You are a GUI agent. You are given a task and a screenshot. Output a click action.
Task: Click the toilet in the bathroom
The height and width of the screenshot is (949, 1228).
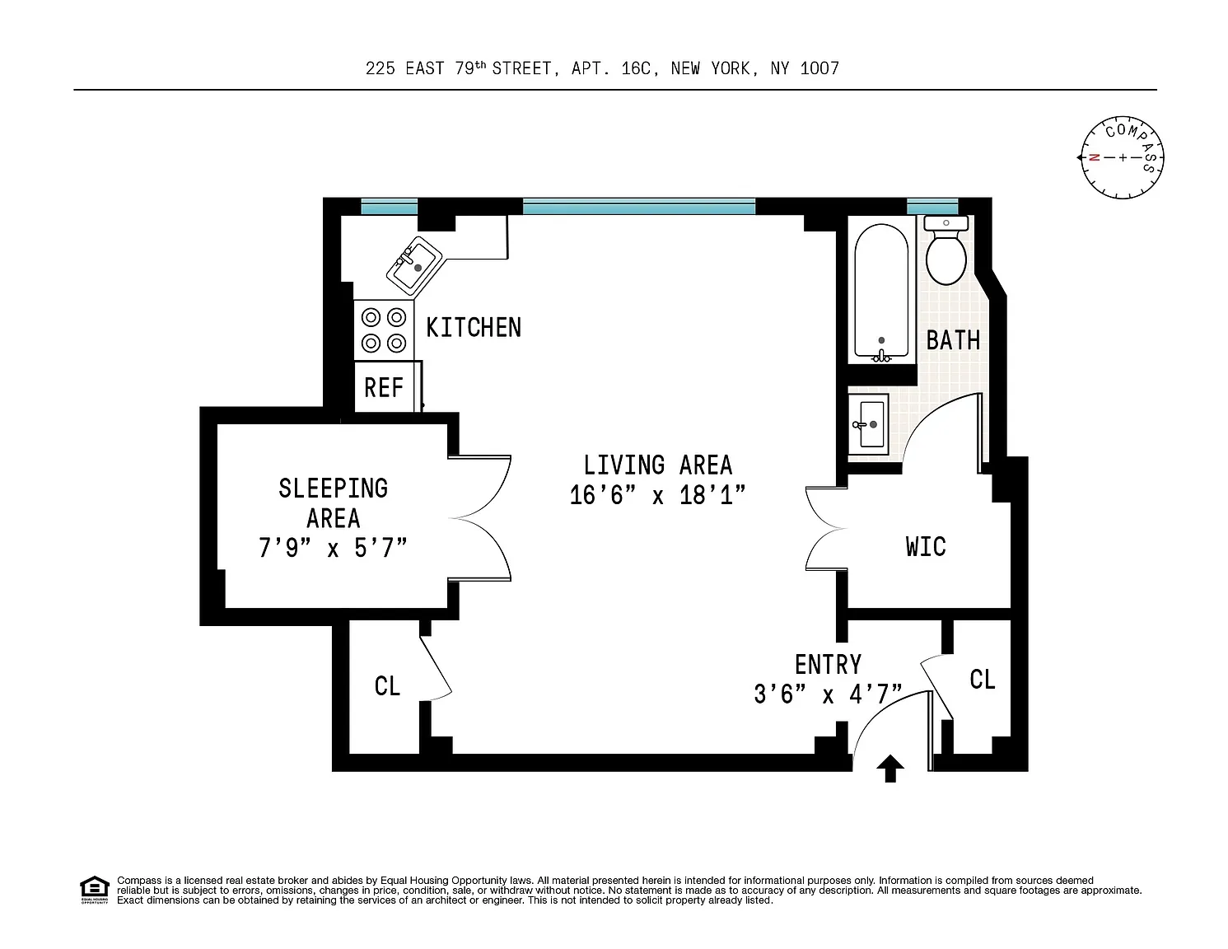click(x=946, y=250)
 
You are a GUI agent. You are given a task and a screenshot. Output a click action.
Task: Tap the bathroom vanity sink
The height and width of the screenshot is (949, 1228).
click(x=868, y=424)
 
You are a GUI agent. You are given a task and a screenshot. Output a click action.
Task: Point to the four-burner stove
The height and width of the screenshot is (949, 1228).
click(x=384, y=330)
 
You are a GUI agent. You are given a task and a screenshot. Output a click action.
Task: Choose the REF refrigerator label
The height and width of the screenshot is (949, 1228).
click(x=384, y=388)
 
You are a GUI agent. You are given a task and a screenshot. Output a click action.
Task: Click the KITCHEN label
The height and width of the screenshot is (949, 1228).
click(x=474, y=328)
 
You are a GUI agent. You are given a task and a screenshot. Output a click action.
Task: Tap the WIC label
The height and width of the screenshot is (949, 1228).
click(x=926, y=546)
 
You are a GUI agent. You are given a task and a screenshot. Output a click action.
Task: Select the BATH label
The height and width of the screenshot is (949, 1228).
click(x=954, y=340)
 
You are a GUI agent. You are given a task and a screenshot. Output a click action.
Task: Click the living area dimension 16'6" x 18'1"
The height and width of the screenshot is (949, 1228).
click(x=657, y=495)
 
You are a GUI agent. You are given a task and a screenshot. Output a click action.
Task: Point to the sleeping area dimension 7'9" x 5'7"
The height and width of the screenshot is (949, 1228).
click(x=333, y=548)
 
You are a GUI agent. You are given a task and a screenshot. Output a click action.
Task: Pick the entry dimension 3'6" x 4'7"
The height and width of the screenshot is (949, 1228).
click(x=828, y=694)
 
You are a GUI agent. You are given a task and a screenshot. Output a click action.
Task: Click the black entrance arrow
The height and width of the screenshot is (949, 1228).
click(x=890, y=769)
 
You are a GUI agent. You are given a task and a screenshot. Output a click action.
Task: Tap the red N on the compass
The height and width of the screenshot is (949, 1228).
click(x=1094, y=157)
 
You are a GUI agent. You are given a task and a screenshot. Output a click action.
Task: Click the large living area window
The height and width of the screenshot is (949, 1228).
click(x=639, y=206)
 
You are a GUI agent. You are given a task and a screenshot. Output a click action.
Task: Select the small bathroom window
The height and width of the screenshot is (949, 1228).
click(x=932, y=206)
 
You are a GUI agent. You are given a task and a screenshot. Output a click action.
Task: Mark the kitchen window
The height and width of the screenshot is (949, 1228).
click(x=390, y=206)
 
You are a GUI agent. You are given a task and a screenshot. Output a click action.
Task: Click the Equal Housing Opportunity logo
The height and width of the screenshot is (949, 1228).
click(x=95, y=890)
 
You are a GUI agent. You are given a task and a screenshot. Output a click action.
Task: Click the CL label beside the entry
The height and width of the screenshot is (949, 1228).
click(x=983, y=680)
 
